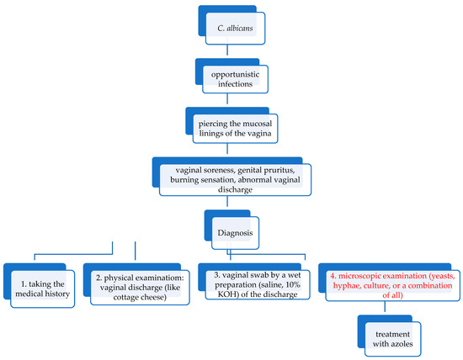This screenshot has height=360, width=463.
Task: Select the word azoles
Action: point(397,343)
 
